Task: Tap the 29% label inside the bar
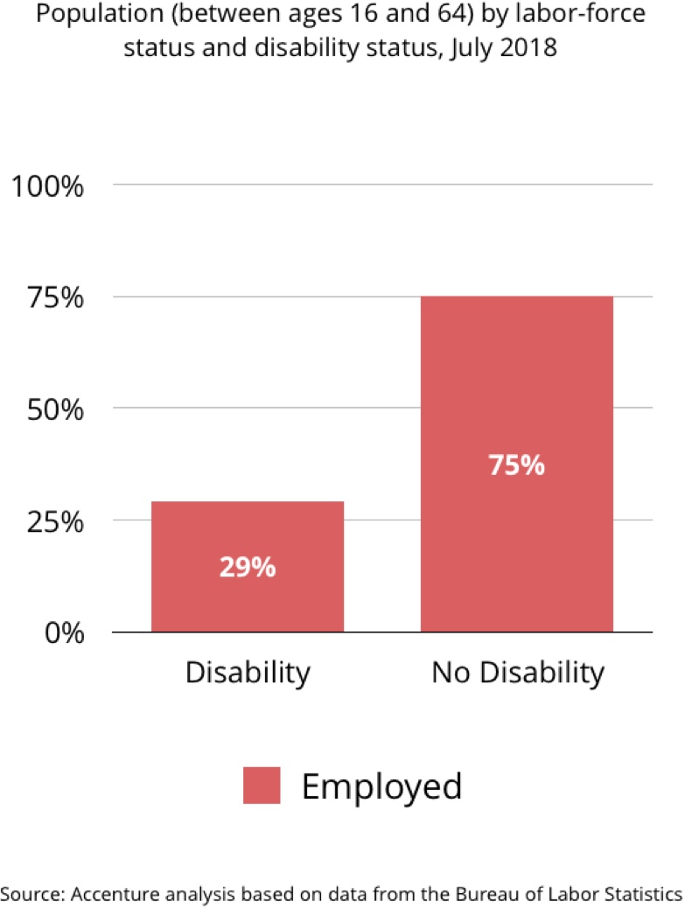point(248,568)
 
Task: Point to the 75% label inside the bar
point(516,464)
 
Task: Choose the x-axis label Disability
point(248,673)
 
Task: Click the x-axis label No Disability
point(517,673)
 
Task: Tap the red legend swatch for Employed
point(262,786)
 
